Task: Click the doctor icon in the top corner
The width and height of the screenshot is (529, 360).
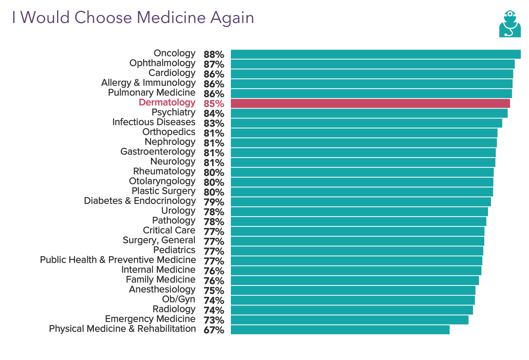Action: tap(510, 24)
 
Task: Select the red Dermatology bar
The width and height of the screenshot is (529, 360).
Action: tap(370, 103)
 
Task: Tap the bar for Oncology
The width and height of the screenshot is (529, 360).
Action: tap(375, 54)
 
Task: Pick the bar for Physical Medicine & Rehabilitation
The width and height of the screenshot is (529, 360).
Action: tap(340, 330)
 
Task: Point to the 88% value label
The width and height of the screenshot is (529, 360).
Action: tap(214, 55)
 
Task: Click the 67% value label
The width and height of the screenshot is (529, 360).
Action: tap(214, 330)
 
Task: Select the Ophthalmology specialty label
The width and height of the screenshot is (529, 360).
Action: tap(162, 63)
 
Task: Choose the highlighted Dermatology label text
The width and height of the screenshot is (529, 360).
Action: tap(167, 103)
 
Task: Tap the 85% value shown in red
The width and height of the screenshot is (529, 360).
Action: tap(214, 104)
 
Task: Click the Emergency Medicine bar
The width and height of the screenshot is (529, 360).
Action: tap(349, 320)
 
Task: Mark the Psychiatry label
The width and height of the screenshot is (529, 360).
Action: tap(173, 112)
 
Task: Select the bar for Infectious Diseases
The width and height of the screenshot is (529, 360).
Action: tap(366, 123)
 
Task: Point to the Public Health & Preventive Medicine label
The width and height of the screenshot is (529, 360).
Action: tap(118, 260)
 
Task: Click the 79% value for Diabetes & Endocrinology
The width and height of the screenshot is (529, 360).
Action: tap(214, 202)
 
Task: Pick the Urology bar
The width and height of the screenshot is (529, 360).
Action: tap(359, 212)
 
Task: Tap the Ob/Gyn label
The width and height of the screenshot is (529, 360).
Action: tap(179, 299)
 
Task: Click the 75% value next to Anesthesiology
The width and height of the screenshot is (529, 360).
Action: tap(214, 291)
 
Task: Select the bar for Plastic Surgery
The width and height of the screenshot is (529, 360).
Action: tap(362, 192)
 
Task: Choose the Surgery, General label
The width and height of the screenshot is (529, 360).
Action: tap(159, 240)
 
